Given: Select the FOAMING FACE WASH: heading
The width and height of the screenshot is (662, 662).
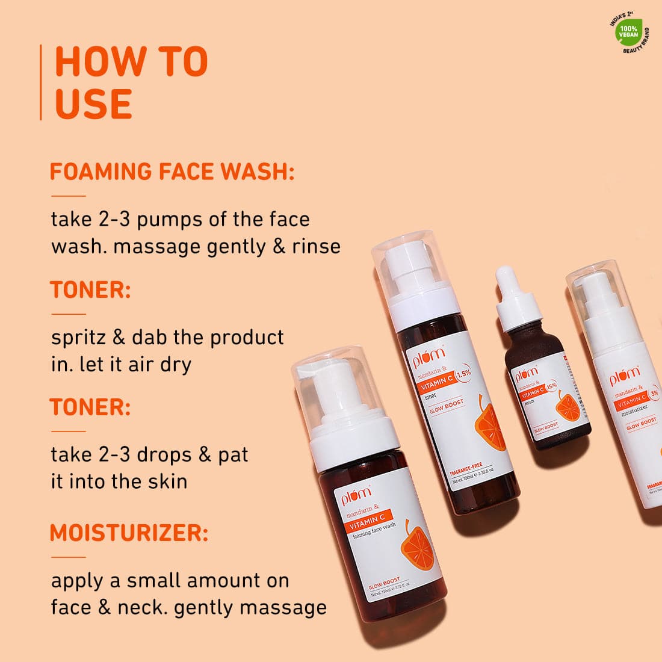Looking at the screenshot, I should [172, 172].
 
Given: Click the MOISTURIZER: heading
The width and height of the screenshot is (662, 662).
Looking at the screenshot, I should [129, 533].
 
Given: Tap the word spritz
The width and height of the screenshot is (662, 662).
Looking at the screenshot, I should [76, 338].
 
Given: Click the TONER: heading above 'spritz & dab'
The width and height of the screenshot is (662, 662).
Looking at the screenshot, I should [90, 290].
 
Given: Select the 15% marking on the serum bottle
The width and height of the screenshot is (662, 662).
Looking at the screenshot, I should [551, 385].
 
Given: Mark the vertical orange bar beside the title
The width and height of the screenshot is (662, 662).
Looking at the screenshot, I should [41, 82].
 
